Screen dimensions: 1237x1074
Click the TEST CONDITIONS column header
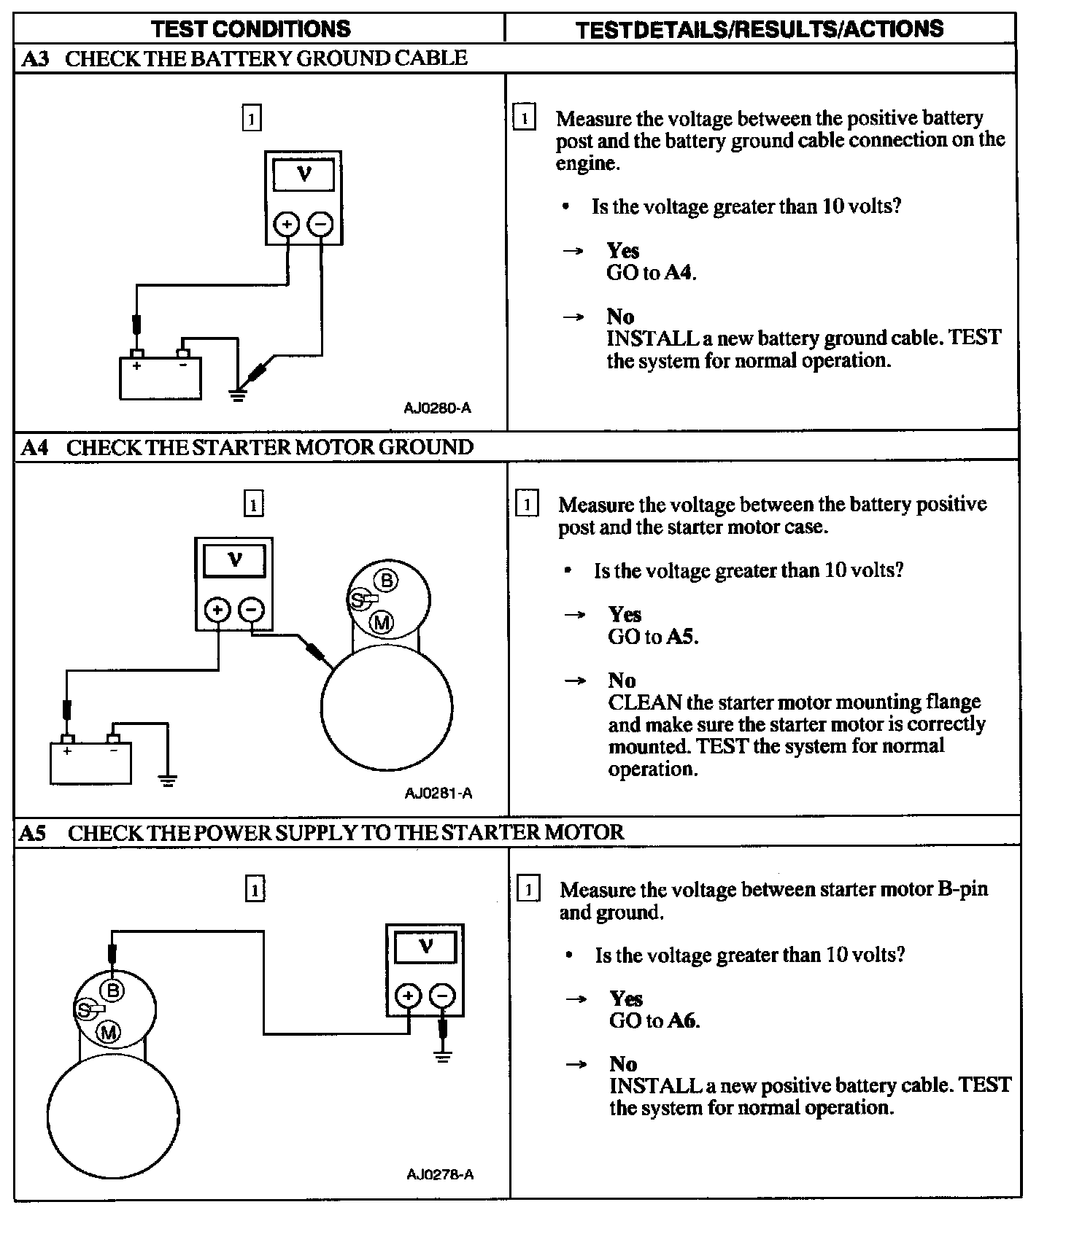pyautogui.click(x=250, y=29)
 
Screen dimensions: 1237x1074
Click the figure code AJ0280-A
pyautogui.click(x=437, y=408)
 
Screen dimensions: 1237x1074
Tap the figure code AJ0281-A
pyautogui.click(x=438, y=793)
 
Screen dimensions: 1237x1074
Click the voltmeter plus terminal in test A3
pyautogui.click(x=287, y=224)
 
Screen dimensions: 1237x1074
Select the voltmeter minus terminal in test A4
pyautogui.click(x=252, y=610)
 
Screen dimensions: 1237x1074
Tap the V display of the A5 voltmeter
pyautogui.click(x=425, y=947)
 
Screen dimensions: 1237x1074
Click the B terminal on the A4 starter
pyautogui.click(x=386, y=581)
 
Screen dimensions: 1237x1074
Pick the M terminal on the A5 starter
pyautogui.click(x=109, y=1032)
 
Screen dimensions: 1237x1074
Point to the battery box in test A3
pyautogui.click(x=161, y=379)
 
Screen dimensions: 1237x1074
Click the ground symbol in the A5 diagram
pyautogui.click(x=442, y=1055)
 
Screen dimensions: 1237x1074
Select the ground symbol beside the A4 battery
pyautogui.click(x=168, y=781)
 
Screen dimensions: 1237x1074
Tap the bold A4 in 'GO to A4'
pyautogui.click(x=679, y=274)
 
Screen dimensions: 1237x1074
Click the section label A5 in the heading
pyautogui.click(x=32, y=833)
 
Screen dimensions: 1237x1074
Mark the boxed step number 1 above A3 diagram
pyautogui.click(x=251, y=118)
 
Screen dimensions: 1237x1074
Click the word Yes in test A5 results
pyautogui.click(x=626, y=998)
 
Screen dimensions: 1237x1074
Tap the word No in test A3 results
pyautogui.click(x=620, y=317)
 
